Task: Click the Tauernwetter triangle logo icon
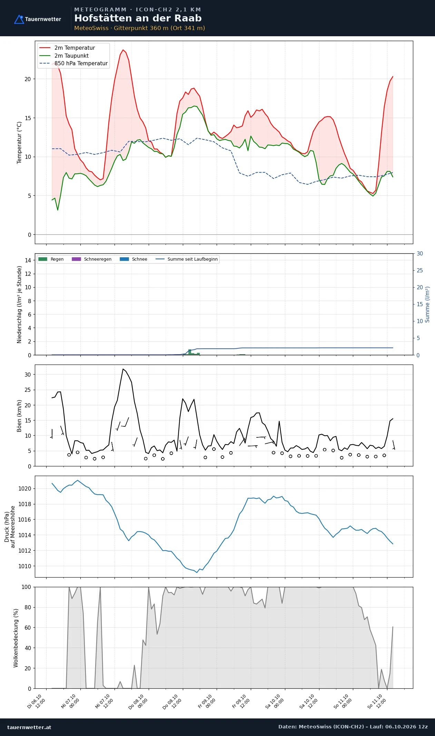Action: click(x=19, y=19)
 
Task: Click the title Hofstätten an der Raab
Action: click(x=138, y=18)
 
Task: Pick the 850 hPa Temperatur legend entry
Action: click(x=73, y=64)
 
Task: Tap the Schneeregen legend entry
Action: click(x=91, y=259)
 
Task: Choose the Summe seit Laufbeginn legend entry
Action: click(x=187, y=259)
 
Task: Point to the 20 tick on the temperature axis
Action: click(x=28, y=79)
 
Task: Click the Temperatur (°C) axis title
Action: click(x=19, y=143)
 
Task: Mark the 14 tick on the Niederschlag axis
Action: click(x=28, y=260)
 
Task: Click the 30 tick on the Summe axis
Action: click(x=420, y=254)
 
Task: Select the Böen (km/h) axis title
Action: click(x=19, y=416)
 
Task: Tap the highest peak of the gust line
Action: click(x=123, y=369)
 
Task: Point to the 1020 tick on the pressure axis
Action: click(x=25, y=488)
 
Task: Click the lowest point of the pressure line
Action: click(x=197, y=572)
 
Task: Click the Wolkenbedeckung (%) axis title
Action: click(x=16, y=638)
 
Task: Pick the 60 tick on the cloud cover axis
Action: click(x=28, y=628)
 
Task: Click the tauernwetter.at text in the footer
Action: click(x=29, y=727)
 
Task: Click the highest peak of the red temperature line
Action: click(x=123, y=50)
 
